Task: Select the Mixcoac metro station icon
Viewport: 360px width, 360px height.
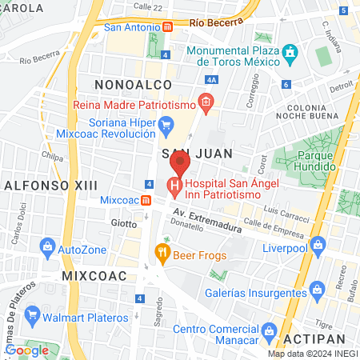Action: tap(146, 199)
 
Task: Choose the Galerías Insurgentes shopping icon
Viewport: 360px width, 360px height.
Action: tap(318, 287)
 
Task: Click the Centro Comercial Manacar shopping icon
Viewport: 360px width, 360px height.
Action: tap(269, 330)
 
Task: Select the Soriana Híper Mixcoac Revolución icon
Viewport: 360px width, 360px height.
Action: tap(166, 123)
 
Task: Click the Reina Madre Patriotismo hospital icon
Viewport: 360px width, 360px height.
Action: tap(206, 102)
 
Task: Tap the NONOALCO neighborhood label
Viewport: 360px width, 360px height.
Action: tap(126, 83)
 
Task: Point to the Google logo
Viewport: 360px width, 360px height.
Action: tap(26, 350)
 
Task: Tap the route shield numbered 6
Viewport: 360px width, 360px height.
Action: tap(286, 85)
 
